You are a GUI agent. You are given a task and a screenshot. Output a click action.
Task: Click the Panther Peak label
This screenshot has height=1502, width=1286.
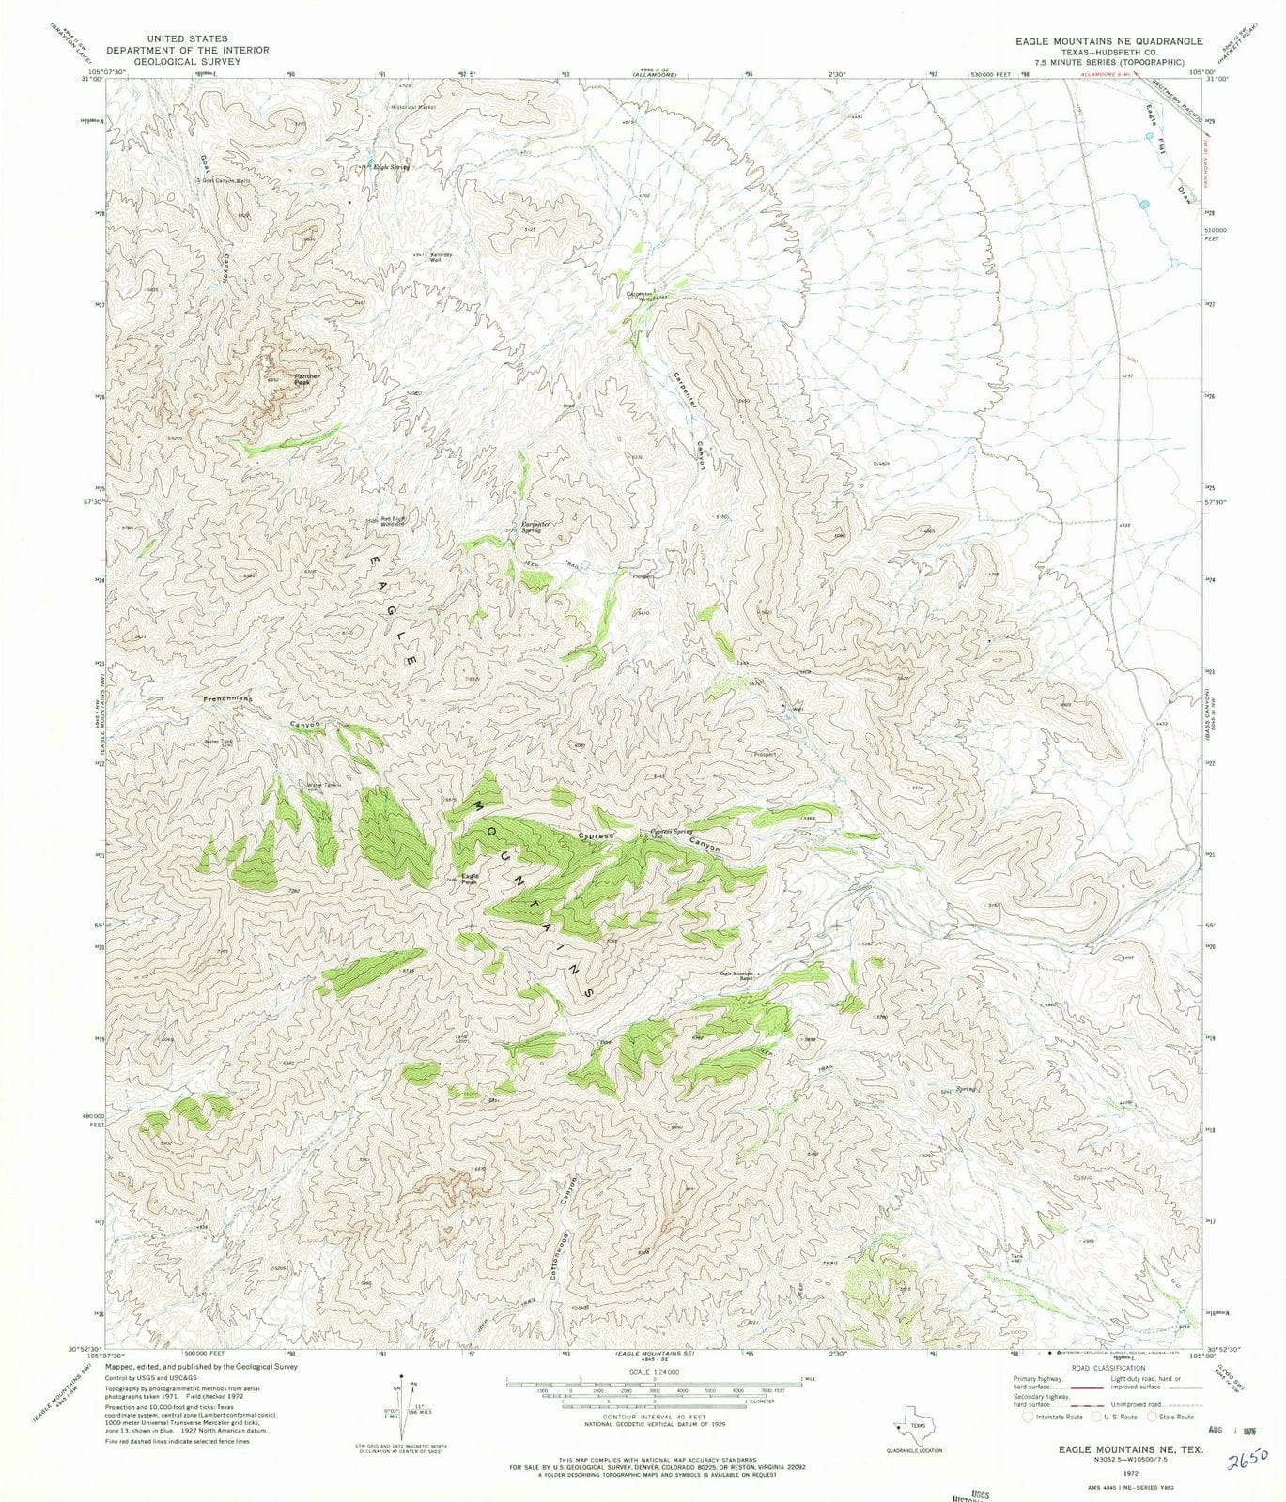click(x=306, y=379)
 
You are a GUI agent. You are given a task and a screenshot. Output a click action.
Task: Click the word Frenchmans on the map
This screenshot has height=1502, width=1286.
click(x=229, y=700)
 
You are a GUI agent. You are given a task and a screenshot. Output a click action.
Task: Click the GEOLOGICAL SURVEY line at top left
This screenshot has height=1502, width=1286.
click(x=187, y=61)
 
